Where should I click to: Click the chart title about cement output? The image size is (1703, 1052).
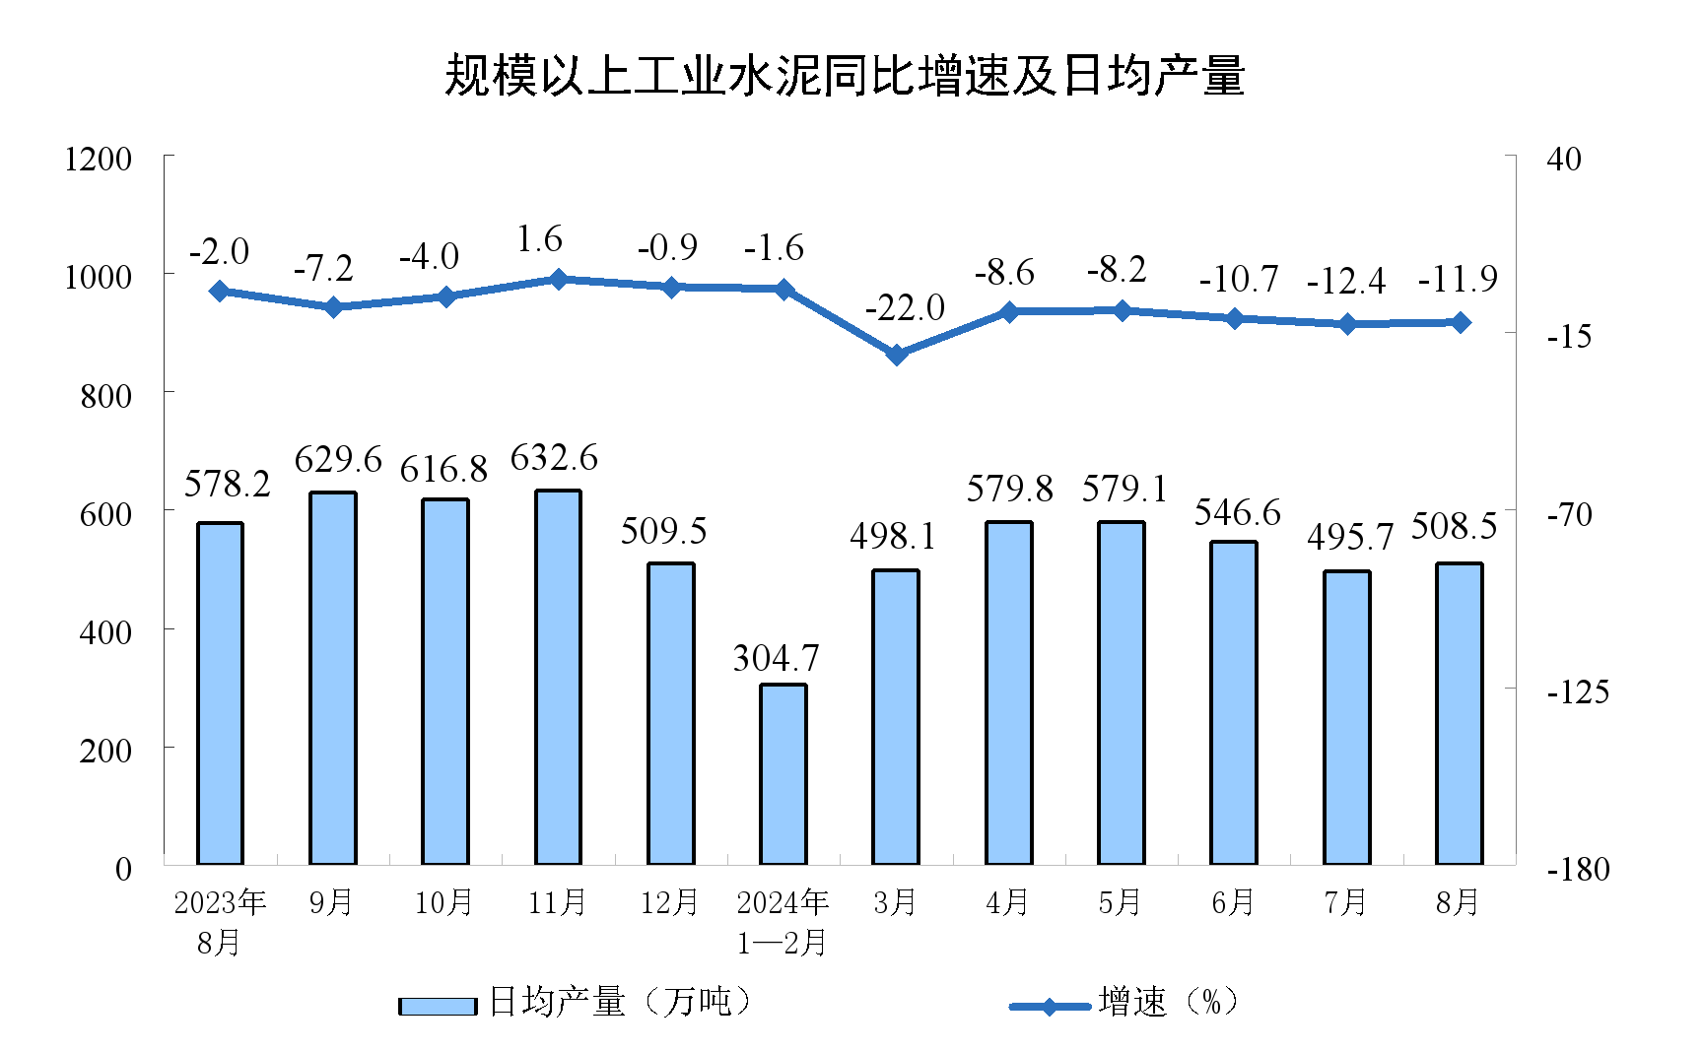pos(845,76)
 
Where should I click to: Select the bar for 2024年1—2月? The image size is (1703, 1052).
pos(783,774)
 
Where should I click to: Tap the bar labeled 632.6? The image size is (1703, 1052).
pos(558,678)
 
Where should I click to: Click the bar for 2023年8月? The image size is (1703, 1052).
pos(220,693)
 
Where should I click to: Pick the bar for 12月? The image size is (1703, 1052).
pos(671,714)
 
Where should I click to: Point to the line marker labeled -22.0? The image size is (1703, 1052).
pos(897,355)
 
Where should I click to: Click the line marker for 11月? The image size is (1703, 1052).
pos(558,280)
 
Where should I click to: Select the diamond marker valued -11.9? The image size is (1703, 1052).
pos(1460,322)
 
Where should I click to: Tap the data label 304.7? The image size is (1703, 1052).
pos(776,658)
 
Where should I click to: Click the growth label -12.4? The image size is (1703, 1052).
pos(1345,282)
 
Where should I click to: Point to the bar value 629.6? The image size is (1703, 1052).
pos(338,459)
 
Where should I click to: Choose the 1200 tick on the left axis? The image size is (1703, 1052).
pos(98,159)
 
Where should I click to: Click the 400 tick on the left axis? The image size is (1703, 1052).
pos(105,631)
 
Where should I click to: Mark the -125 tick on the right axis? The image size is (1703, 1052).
pos(1577,691)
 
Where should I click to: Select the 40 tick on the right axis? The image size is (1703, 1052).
pos(1564,159)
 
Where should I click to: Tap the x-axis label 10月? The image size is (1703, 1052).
pos(444,902)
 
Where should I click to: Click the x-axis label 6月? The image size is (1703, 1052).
pos(1233,902)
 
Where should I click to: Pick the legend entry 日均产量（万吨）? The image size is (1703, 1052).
pos(576,1003)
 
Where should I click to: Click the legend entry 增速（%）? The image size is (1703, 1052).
pos(1124,1003)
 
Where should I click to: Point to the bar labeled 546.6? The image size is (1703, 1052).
pos(1234,702)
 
